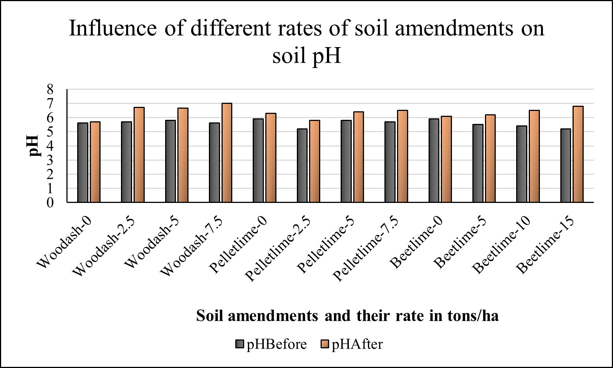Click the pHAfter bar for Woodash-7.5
pos(227,153)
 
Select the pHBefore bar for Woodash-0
pos(83,162)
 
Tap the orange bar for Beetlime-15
pos(578,154)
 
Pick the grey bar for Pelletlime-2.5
pos(302,165)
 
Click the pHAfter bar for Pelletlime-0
pos(271,158)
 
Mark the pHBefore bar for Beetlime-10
pos(522,164)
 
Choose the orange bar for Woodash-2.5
pos(139,155)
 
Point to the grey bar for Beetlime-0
pos(434,160)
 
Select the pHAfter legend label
pos(357,344)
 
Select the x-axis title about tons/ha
pos(347,316)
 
